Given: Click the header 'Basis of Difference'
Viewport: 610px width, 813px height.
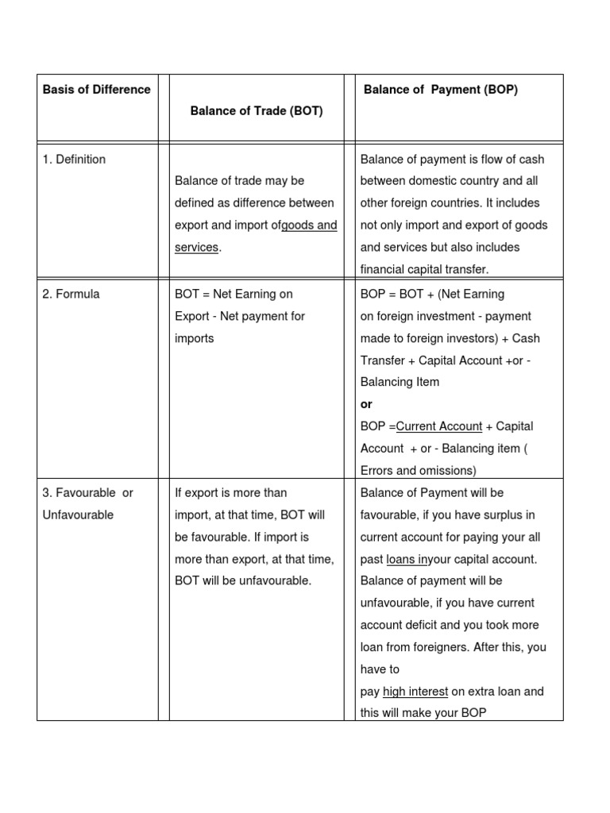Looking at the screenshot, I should point(96,90).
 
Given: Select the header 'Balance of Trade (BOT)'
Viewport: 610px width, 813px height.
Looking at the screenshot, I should point(256,112).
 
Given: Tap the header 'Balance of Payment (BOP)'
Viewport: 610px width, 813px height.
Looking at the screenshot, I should point(440,90).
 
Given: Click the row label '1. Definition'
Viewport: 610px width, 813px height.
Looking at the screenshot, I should point(74,160).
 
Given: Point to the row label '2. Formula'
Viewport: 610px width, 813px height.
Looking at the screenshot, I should point(71,295).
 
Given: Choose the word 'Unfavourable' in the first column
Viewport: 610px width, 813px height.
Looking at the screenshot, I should point(78,515).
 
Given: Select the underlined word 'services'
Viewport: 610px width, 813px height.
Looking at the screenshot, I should point(196,248).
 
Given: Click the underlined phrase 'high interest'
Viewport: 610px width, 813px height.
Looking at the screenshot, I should point(415,692).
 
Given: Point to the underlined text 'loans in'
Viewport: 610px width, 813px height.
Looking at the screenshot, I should point(406,560).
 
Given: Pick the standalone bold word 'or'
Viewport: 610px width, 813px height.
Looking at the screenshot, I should point(366,405).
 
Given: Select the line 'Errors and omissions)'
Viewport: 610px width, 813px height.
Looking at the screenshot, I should point(418,470).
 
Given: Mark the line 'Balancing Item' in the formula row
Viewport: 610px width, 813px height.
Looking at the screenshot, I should point(400,383).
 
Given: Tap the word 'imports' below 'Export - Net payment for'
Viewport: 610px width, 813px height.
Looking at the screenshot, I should point(195,339).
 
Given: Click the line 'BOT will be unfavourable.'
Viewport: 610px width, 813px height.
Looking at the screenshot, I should point(243,581).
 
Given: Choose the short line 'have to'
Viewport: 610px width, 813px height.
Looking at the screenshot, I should point(380,669).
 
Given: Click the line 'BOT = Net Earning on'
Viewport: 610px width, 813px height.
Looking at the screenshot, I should point(234,295).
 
